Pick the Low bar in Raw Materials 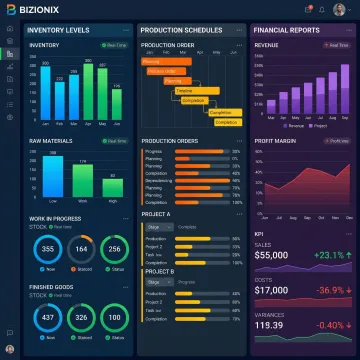tap(53, 177)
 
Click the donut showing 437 tap(48, 318)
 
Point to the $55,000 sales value tap(272, 255)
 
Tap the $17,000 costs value tap(272, 290)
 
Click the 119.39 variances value tap(269, 325)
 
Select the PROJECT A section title tap(156, 213)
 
